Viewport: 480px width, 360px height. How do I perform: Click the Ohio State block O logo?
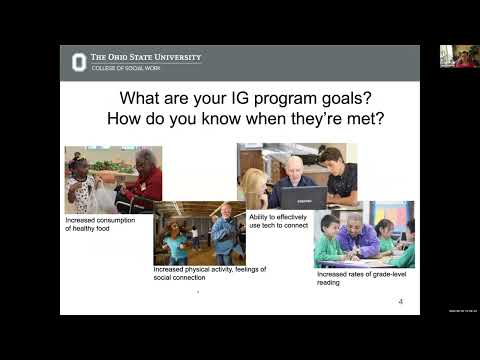click(78, 62)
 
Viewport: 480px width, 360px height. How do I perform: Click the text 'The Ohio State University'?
click(146, 57)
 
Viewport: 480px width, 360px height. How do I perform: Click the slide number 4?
click(400, 301)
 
